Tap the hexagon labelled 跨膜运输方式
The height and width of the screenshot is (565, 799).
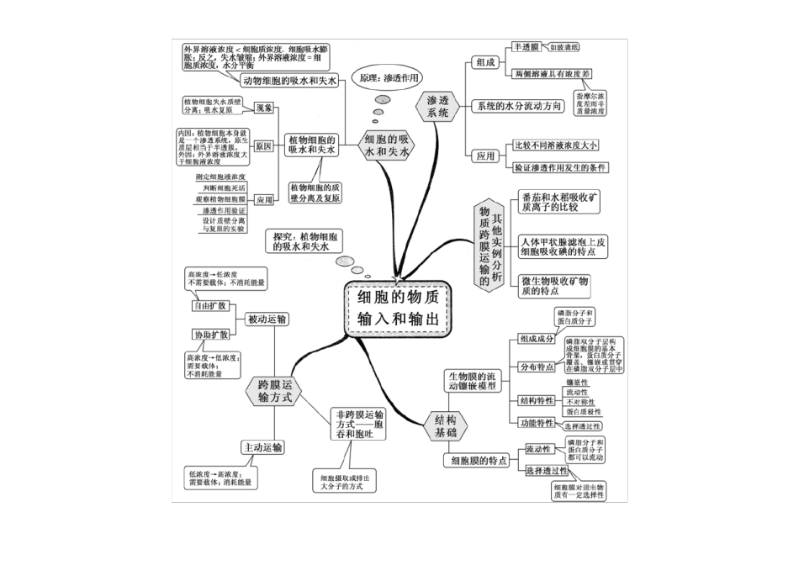274,391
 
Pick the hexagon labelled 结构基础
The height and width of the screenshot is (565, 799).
446,425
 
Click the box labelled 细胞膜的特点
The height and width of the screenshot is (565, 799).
477,461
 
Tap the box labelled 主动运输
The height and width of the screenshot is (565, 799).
262,446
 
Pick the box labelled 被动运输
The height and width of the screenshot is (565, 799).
267,319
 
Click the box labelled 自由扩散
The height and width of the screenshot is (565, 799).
209,305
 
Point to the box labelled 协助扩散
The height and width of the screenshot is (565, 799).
209,335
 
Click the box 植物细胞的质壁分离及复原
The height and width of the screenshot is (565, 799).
315,193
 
